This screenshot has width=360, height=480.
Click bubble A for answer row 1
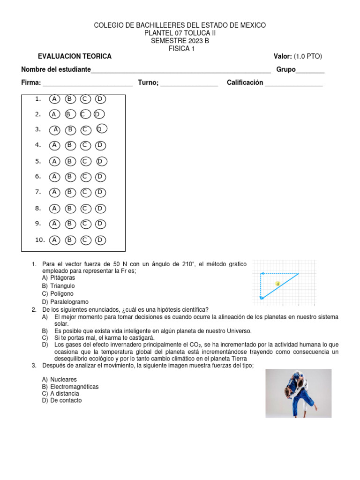point(55,99)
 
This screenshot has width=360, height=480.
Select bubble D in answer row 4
point(100,145)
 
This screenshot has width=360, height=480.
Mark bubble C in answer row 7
point(85,192)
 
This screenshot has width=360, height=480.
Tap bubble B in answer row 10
point(70,240)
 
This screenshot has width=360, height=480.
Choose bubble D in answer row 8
point(100,208)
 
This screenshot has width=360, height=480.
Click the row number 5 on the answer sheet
point(38,161)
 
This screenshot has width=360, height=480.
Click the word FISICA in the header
point(178,48)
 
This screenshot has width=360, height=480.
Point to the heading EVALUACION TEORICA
point(75,56)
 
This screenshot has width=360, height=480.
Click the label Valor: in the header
point(283,56)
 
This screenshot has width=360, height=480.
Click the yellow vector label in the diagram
point(277,284)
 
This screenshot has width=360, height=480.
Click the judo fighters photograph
point(298,393)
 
